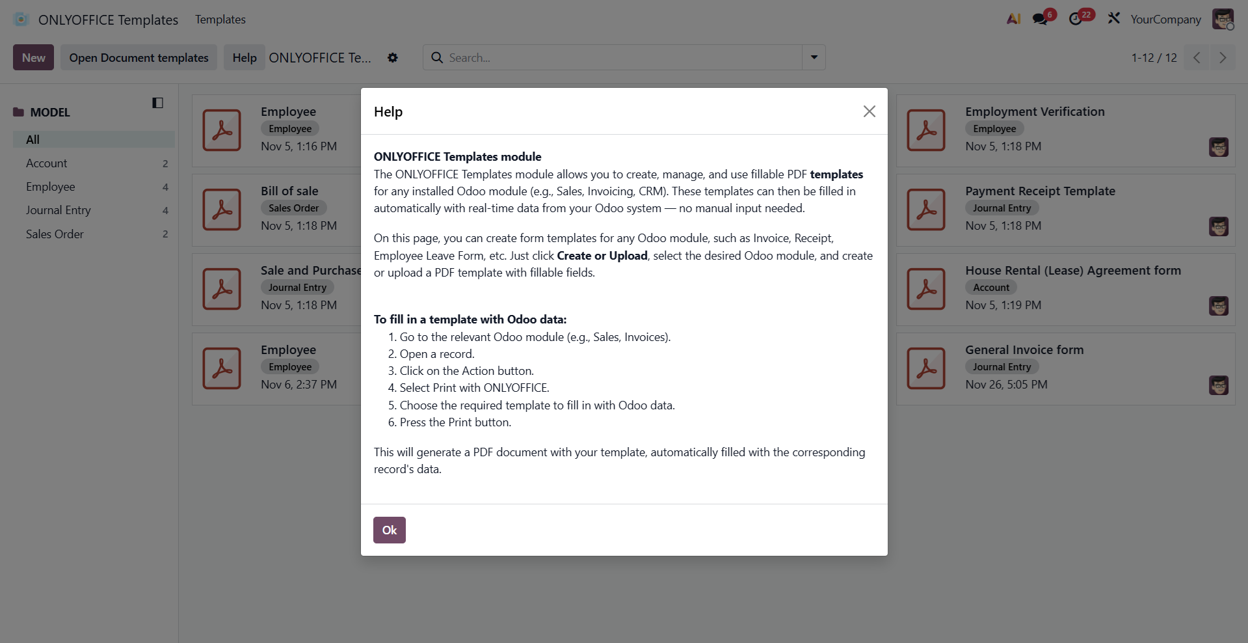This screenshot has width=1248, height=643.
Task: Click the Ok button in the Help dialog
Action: pyautogui.click(x=389, y=530)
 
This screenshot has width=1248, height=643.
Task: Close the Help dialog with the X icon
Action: pyautogui.click(x=869, y=111)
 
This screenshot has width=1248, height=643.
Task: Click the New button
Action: pyautogui.click(x=33, y=57)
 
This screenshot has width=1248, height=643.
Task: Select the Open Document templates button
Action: pyautogui.click(x=139, y=57)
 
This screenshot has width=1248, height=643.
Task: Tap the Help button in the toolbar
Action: pyautogui.click(x=245, y=57)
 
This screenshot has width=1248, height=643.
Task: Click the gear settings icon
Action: pyautogui.click(x=393, y=57)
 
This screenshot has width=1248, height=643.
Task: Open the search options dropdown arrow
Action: pyautogui.click(x=814, y=57)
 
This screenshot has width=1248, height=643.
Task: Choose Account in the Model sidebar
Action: pyautogui.click(x=47, y=163)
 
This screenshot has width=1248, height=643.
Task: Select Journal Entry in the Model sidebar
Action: pyautogui.click(x=59, y=210)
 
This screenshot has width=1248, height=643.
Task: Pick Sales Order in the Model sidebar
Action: pyautogui.click(x=55, y=234)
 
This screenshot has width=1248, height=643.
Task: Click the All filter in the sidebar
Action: pyautogui.click(x=33, y=139)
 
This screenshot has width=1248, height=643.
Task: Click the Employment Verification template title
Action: pyautogui.click(x=1035, y=111)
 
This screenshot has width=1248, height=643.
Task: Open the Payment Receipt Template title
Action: pyautogui.click(x=1040, y=191)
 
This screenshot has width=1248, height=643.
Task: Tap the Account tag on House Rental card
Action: pyautogui.click(x=991, y=287)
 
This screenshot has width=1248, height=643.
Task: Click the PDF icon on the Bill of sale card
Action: pyautogui.click(x=222, y=210)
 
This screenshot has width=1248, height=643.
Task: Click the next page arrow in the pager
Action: pyautogui.click(x=1223, y=57)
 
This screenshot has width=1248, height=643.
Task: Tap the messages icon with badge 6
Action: pyautogui.click(x=1041, y=19)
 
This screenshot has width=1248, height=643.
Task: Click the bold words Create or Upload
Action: pyautogui.click(x=602, y=256)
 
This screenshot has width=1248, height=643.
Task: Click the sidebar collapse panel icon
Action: pyautogui.click(x=157, y=103)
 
